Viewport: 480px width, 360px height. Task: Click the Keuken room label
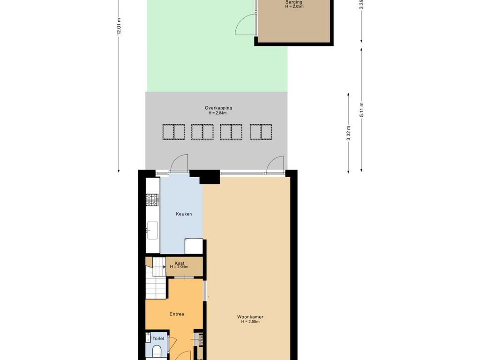(184, 214)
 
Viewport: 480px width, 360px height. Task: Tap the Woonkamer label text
(250, 317)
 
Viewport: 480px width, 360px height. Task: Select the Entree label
(177, 314)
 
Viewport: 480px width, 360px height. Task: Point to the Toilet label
(158, 338)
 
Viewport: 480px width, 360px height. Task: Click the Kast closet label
(180, 263)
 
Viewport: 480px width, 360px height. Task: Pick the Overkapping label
(218, 108)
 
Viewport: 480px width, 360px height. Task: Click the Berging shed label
(294, 2)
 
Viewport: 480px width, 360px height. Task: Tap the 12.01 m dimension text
(119, 26)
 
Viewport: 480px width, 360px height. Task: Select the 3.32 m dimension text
(348, 133)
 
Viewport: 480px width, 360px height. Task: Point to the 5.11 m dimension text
(361, 109)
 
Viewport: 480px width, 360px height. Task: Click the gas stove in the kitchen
(152, 200)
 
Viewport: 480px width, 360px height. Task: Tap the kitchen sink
(152, 230)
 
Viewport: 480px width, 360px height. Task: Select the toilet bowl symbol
(157, 351)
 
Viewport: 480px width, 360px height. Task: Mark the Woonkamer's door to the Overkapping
(275, 165)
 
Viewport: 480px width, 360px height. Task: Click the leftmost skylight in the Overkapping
(174, 132)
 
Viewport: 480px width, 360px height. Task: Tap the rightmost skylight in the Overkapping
(261, 132)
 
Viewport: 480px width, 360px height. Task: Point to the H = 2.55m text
(250, 322)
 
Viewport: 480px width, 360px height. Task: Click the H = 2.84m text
(217, 113)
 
